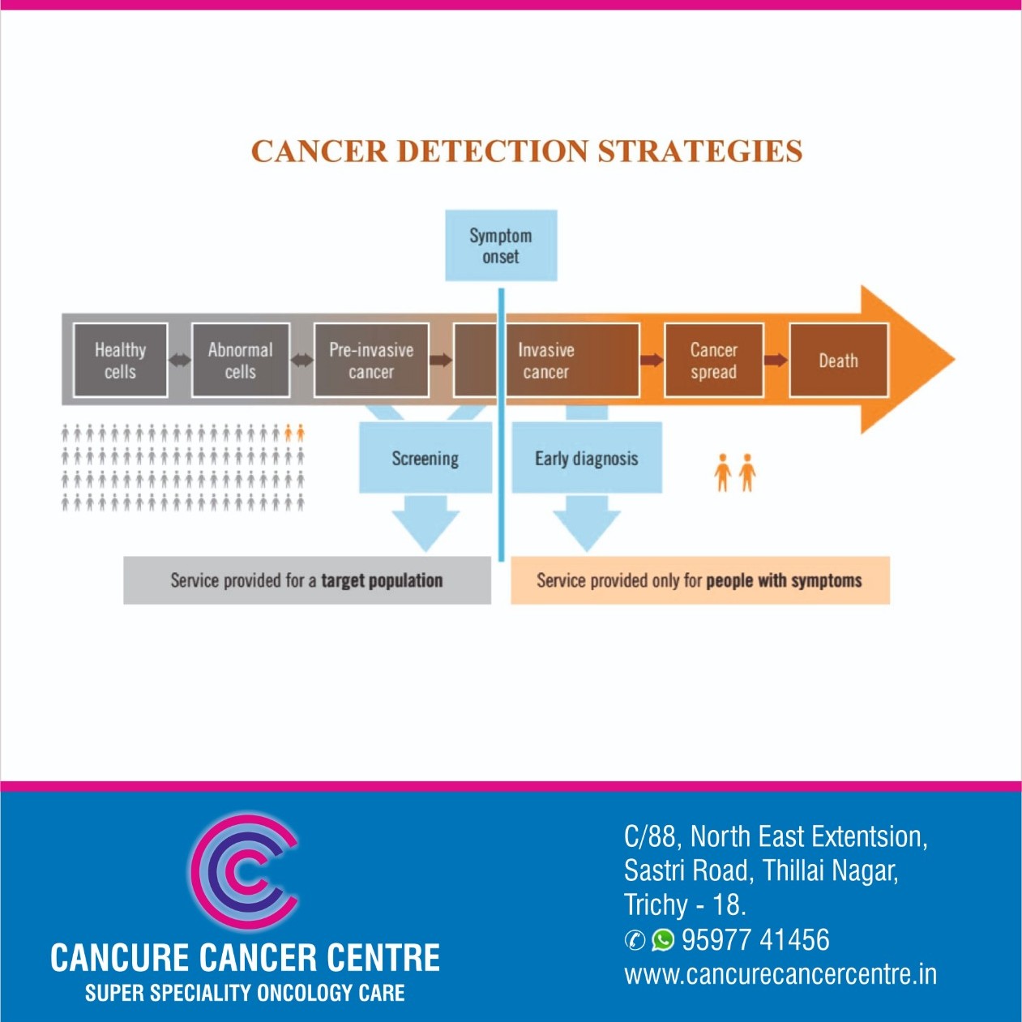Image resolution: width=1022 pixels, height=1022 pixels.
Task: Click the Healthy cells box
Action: [x=120, y=361]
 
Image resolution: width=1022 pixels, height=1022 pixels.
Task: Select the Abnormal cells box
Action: [x=240, y=361]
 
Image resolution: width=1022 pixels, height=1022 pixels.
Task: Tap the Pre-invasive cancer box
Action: [x=371, y=361]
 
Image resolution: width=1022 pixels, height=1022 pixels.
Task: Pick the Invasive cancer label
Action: [x=545, y=361]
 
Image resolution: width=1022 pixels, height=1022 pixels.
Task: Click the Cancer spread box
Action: [x=713, y=361]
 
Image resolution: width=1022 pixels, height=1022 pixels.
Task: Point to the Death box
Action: [x=838, y=361]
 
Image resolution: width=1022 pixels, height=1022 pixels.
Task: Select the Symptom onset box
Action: [x=501, y=246]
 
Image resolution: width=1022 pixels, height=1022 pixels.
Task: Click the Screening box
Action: [x=425, y=459]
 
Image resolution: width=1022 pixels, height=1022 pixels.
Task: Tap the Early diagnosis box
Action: [x=586, y=459]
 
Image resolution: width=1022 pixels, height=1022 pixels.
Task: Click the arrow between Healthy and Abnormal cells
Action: [x=180, y=360]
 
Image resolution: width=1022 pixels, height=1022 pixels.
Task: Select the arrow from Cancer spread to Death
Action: [x=776, y=360]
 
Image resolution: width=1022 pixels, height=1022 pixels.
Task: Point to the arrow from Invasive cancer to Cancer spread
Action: [x=652, y=360]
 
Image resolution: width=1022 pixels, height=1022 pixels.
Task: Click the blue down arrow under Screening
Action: [x=425, y=521]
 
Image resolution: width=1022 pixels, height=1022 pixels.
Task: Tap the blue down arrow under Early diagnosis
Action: [x=586, y=521]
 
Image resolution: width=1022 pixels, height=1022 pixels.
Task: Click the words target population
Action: [x=382, y=580]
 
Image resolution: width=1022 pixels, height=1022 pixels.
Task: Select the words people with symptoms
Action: [x=784, y=580]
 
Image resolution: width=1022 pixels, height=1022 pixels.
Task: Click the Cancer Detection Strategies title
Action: [x=527, y=152]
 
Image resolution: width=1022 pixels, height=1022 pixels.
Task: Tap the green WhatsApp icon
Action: [x=663, y=939]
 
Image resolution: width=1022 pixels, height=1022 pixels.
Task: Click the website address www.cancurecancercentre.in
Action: [x=780, y=974]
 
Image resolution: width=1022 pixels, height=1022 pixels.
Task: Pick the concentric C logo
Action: [x=243, y=872]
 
